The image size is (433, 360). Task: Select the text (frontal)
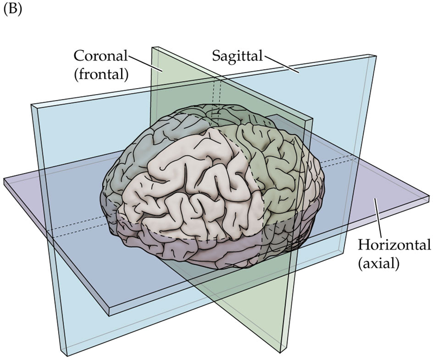click(x=101, y=74)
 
